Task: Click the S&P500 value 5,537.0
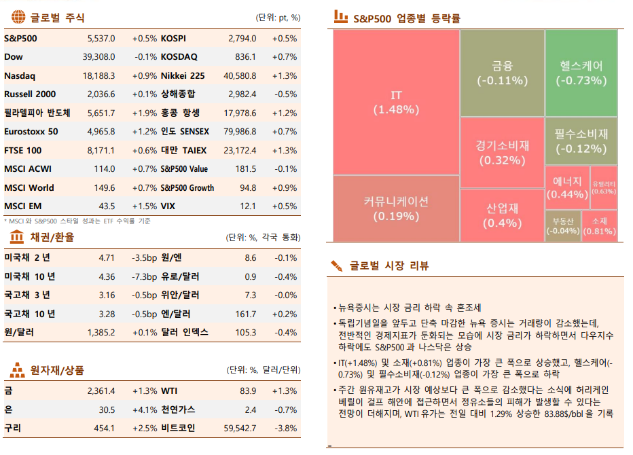pyautogui.click(x=101, y=39)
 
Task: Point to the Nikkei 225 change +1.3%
pyautogui.click(x=284, y=76)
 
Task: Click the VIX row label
pyautogui.click(x=168, y=206)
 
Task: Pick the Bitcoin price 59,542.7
pyautogui.click(x=240, y=429)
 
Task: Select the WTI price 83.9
pyautogui.click(x=248, y=391)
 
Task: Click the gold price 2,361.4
pyautogui.click(x=101, y=391)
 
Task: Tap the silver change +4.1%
pyautogui.click(x=144, y=409)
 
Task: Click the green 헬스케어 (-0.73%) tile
pyautogui.click(x=581, y=73)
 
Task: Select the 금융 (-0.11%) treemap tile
pyautogui.click(x=502, y=73)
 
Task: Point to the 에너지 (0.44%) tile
pyautogui.click(x=566, y=187)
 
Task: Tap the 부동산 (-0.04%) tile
pyautogui.click(x=563, y=225)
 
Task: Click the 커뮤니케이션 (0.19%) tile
pyautogui.click(x=396, y=208)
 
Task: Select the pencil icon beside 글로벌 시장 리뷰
pyautogui.click(x=336, y=266)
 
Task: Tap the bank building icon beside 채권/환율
pyautogui.click(x=16, y=237)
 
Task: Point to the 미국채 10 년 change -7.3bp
pyautogui.click(x=144, y=276)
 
